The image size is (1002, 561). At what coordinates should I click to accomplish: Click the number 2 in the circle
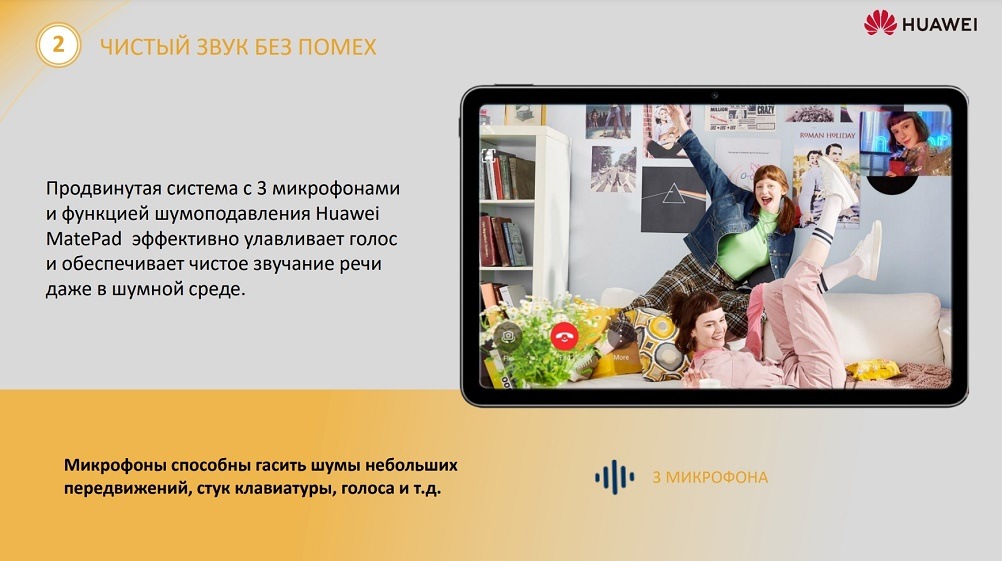click(58, 45)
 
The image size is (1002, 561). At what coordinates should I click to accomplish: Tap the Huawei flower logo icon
click(880, 23)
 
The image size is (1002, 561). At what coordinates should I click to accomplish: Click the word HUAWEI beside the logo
click(939, 24)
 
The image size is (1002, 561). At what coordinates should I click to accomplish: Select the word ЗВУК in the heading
click(221, 47)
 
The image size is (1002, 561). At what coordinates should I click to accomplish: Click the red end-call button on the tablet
click(565, 336)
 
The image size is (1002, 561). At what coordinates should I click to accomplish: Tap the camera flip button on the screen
click(508, 336)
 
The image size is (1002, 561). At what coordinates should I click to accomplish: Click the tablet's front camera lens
click(714, 95)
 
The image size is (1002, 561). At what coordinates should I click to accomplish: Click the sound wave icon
click(614, 477)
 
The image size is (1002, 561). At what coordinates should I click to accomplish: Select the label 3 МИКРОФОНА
click(710, 477)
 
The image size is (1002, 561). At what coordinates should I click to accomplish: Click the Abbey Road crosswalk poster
click(613, 167)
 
